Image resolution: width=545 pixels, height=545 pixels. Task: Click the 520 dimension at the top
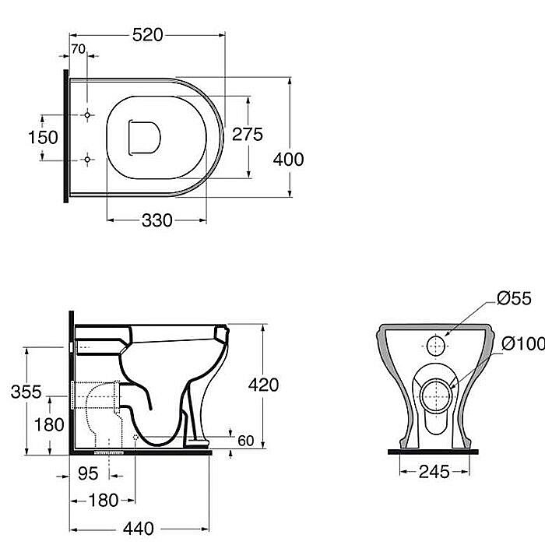147,35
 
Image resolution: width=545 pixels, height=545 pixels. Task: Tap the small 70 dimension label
78,49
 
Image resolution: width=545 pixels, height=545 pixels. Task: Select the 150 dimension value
43,137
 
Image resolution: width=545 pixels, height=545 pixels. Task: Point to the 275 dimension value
248,135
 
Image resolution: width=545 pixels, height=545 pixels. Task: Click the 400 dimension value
289,160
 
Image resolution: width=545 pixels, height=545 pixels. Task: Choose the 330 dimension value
157,220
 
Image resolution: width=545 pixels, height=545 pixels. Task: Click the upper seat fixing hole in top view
87,114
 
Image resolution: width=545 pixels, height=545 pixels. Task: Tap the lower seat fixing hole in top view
87,160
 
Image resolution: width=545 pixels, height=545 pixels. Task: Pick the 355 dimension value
26,392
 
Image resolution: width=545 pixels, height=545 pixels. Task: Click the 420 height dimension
263,385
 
